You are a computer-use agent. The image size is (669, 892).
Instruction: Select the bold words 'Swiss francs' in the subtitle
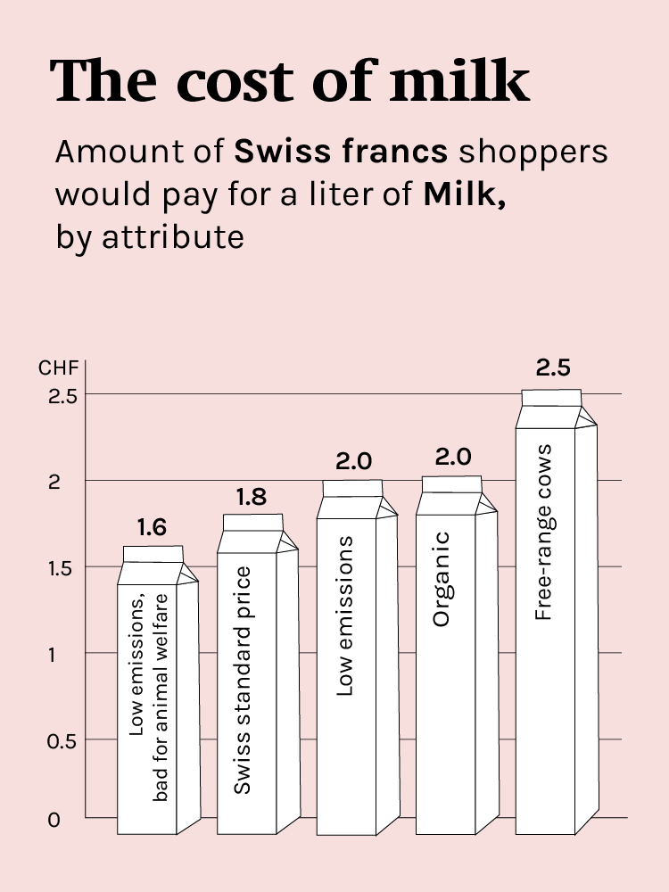pos(341,152)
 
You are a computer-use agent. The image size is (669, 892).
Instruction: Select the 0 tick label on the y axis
pos(54,819)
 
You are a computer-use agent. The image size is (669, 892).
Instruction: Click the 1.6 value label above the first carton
pos(153,528)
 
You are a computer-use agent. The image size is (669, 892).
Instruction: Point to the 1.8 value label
pos(252,497)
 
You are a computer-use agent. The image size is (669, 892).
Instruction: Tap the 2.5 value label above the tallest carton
pos(553,368)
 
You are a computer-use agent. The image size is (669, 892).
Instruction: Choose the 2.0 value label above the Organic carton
pos(453,458)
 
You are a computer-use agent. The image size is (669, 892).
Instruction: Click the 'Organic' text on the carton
pos(442,591)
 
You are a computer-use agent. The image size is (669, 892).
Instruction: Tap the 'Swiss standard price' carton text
pos(242,680)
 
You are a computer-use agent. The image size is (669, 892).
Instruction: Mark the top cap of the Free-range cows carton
pos(551,397)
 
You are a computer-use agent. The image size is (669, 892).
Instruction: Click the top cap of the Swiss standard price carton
pos(252,522)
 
